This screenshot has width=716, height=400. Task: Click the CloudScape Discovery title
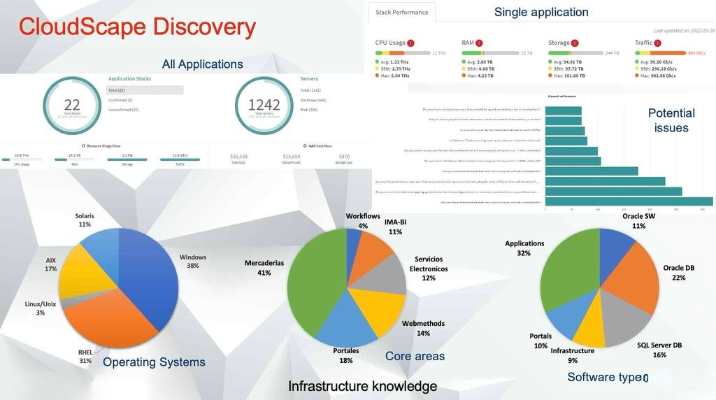(x=137, y=27)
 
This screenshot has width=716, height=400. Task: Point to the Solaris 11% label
(x=85, y=220)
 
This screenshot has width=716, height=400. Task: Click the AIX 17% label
(x=51, y=264)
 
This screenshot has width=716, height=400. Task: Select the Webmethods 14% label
(x=423, y=329)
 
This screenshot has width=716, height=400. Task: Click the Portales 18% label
(x=346, y=355)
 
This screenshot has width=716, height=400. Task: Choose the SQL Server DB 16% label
(x=659, y=350)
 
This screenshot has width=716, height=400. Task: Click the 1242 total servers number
(x=264, y=105)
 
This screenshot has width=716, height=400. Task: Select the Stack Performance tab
(x=402, y=13)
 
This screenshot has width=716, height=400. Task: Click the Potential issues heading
(x=671, y=120)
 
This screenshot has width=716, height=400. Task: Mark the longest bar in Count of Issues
(x=629, y=201)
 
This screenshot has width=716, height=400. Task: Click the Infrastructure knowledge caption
(x=362, y=386)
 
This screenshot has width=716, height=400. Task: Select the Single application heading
(x=541, y=12)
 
